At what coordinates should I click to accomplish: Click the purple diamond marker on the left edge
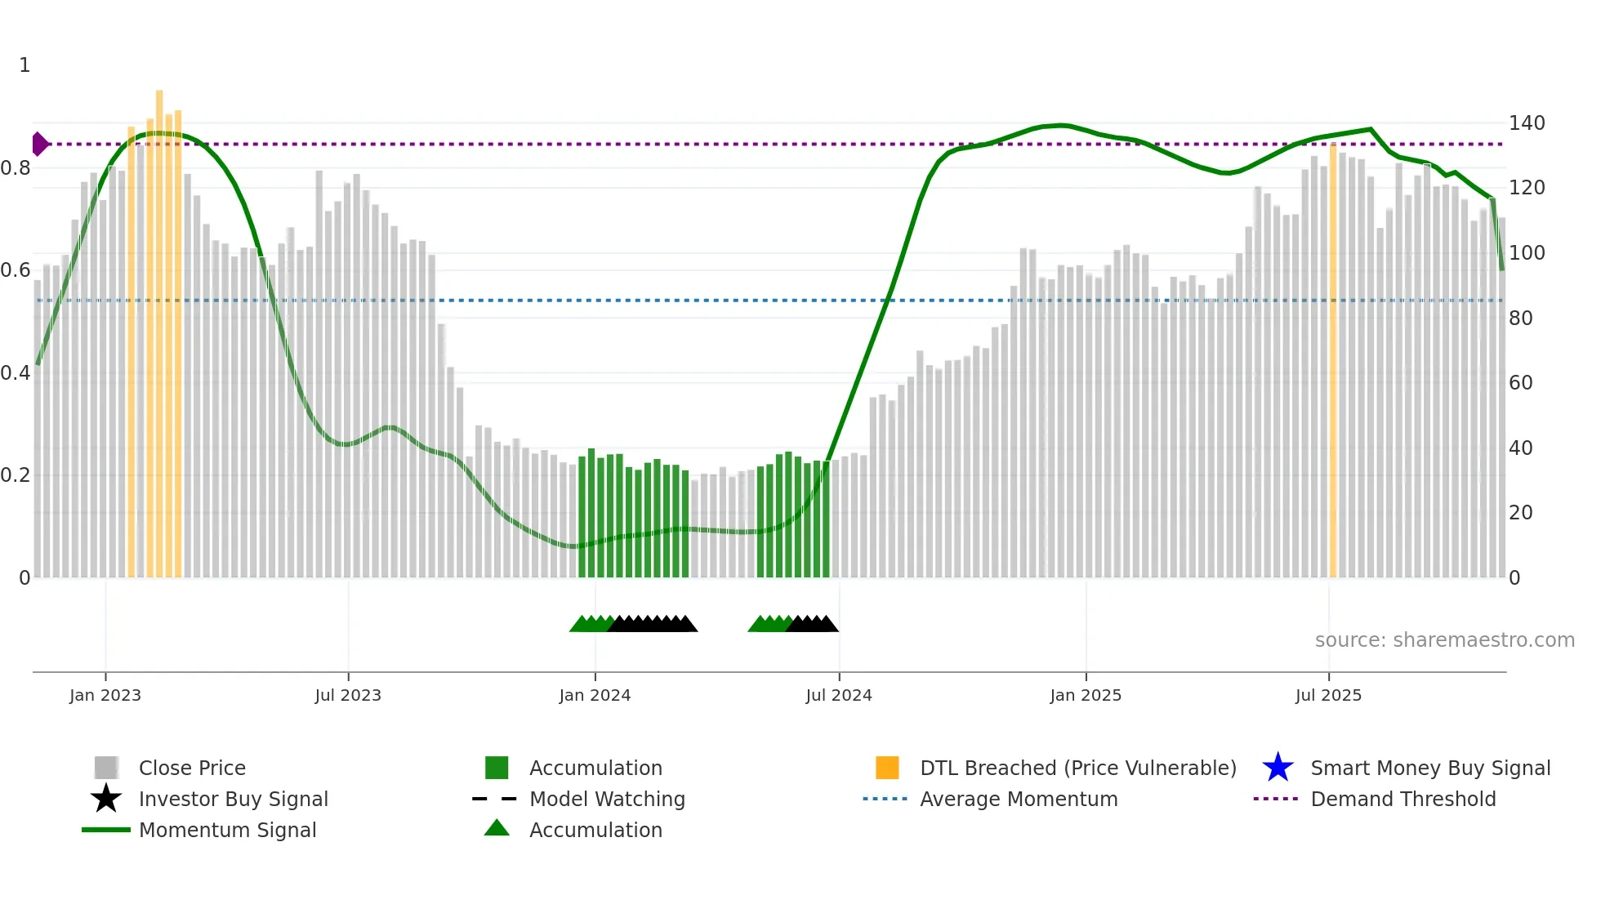click(x=39, y=144)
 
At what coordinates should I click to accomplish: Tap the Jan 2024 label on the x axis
click(x=595, y=695)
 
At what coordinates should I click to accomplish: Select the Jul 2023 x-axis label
click(x=348, y=695)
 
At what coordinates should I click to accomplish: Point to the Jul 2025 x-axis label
click(x=1328, y=695)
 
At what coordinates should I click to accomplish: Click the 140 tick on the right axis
click(x=1527, y=123)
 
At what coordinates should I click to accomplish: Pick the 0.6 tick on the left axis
click(x=16, y=270)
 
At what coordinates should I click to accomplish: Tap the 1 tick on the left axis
click(x=25, y=65)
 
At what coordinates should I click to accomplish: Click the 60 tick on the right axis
click(x=1520, y=383)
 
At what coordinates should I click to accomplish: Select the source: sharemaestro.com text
click(x=1444, y=640)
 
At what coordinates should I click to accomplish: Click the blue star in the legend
click(x=1278, y=768)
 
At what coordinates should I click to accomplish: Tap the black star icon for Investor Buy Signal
click(x=106, y=799)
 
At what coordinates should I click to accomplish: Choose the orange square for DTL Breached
click(x=887, y=768)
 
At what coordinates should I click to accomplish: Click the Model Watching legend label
click(x=607, y=799)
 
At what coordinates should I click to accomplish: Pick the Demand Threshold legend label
click(x=1403, y=799)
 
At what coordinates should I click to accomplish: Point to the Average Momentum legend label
click(x=1019, y=799)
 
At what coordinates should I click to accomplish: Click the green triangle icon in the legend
click(x=497, y=829)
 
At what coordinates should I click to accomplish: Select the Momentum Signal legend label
click(x=227, y=830)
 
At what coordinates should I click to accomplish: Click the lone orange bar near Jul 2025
click(x=1333, y=359)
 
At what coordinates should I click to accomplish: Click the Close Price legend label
click(x=192, y=768)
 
